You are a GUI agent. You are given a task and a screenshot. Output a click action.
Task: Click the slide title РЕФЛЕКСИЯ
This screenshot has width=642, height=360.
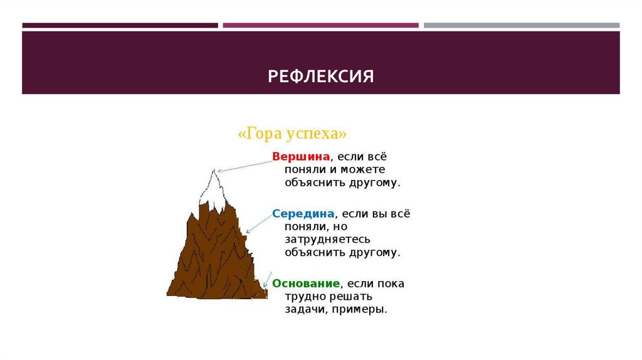click(320, 77)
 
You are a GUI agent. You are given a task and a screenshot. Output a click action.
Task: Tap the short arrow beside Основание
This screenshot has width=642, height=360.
click(268, 280)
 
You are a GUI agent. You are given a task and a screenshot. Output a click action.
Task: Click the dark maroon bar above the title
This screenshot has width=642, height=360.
click(120, 26)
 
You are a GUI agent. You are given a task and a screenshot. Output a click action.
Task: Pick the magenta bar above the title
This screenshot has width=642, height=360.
click(320, 26)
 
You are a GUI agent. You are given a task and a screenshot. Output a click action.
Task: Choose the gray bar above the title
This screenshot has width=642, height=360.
click(521, 26)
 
